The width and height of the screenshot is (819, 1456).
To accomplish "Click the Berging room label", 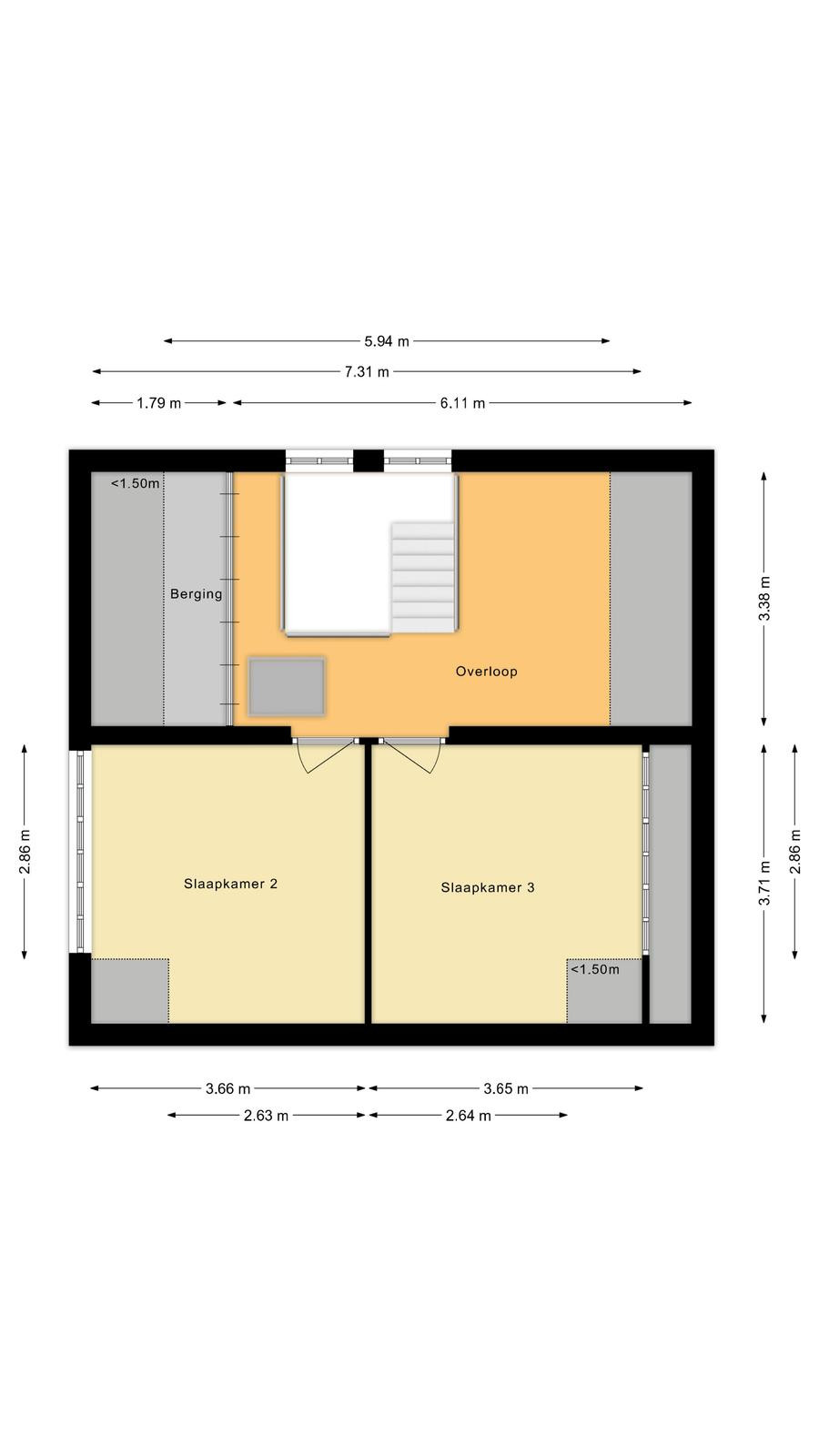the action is [x=196, y=594].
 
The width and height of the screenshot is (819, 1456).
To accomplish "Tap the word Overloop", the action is [x=486, y=672].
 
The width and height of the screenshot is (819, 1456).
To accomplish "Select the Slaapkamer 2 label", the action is [x=231, y=884].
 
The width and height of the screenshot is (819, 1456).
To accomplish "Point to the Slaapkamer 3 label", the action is [x=488, y=888].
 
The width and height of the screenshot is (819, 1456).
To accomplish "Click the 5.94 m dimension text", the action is [x=387, y=341].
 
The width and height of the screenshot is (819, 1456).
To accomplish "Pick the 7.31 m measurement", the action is [x=368, y=372].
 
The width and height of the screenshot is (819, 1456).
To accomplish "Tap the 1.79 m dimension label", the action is [x=158, y=403].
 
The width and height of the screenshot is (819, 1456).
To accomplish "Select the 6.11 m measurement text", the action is [x=462, y=403].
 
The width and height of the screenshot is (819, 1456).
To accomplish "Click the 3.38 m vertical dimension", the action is [x=764, y=598].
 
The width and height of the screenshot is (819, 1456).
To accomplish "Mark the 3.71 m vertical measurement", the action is [x=764, y=883].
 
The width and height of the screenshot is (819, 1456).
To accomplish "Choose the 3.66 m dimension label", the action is [x=228, y=1088].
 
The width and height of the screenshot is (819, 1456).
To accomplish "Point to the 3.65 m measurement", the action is [x=506, y=1088].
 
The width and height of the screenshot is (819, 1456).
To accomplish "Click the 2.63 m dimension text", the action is [x=266, y=1116].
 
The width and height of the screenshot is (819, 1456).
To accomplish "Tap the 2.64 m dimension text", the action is [x=468, y=1116].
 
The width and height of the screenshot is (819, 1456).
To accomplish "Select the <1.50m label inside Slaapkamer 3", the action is [x=595, y=969].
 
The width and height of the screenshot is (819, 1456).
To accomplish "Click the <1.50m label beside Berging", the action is [x=136, y=483].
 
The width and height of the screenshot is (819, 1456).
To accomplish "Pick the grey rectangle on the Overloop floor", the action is [x=287, y=687].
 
